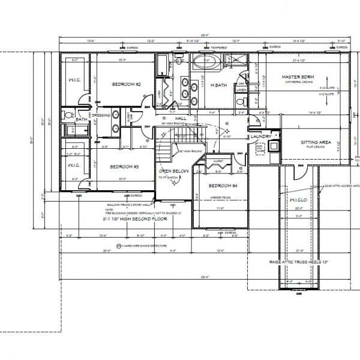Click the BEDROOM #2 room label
click(x=126, y=85)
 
